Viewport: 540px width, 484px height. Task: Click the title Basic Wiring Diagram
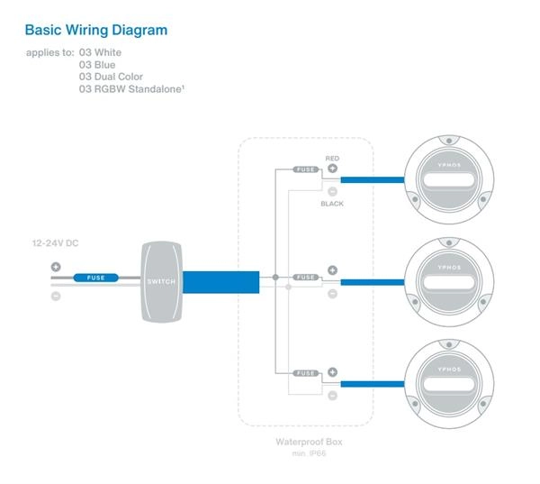96,31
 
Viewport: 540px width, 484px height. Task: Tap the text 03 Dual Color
111,77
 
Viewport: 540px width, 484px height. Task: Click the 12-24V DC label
58,242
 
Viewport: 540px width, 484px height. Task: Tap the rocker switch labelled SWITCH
162,281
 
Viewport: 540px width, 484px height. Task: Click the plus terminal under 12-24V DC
56,267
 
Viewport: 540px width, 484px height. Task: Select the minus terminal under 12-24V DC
56,296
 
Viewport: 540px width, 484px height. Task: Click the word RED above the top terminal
332,158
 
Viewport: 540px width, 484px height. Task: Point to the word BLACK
332,204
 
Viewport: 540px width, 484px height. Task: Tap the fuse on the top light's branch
306,169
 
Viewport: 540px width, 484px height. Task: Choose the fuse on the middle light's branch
306,278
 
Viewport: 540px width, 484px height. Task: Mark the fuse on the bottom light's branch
306,372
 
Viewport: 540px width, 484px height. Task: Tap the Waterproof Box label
309,443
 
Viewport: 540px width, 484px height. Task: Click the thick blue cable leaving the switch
220,282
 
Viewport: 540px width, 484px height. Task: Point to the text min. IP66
309,453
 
